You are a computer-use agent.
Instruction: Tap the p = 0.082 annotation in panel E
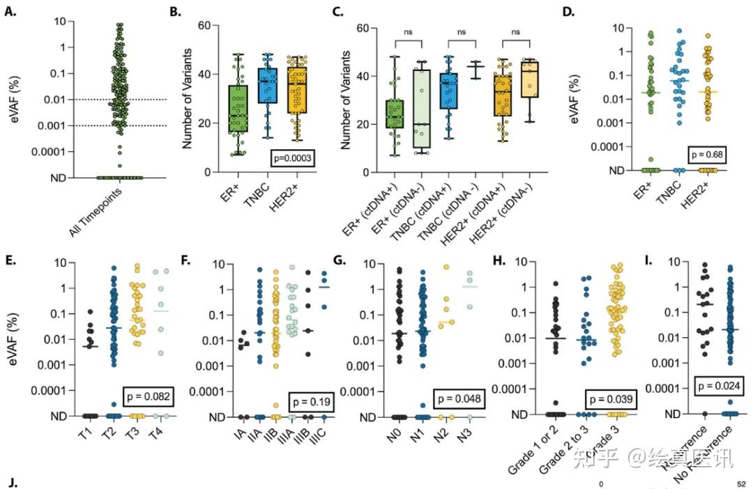[x=147, y=397]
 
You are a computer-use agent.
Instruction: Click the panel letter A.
[x=10, y=10]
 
